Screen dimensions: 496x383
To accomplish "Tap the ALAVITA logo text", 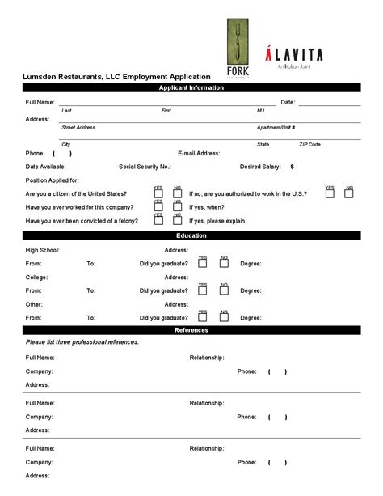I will [294, 55].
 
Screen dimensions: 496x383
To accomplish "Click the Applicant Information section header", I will [191, 87].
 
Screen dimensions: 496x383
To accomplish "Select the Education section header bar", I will [191, 235].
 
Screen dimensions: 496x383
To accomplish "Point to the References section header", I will [191, 330].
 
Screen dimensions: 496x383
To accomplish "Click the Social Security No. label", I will [145, 167].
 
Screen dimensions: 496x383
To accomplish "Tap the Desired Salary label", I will [260, 167].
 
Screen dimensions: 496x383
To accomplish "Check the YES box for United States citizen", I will [158, 194].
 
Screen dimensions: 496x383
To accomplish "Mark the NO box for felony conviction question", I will [178, 220].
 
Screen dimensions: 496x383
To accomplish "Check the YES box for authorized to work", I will [330, 194].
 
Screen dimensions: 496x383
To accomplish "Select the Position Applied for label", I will [53, 180].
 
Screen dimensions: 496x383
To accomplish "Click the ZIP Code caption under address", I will [309, 144].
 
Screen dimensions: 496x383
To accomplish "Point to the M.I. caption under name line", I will [262, 110].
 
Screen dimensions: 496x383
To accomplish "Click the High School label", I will [42, 250].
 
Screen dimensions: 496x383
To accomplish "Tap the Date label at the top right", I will [288, 103].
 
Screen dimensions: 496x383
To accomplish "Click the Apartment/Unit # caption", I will [276, 127].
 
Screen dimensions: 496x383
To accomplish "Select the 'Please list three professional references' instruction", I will [82, 342].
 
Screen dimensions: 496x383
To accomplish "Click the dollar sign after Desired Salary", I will [292, 167].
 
